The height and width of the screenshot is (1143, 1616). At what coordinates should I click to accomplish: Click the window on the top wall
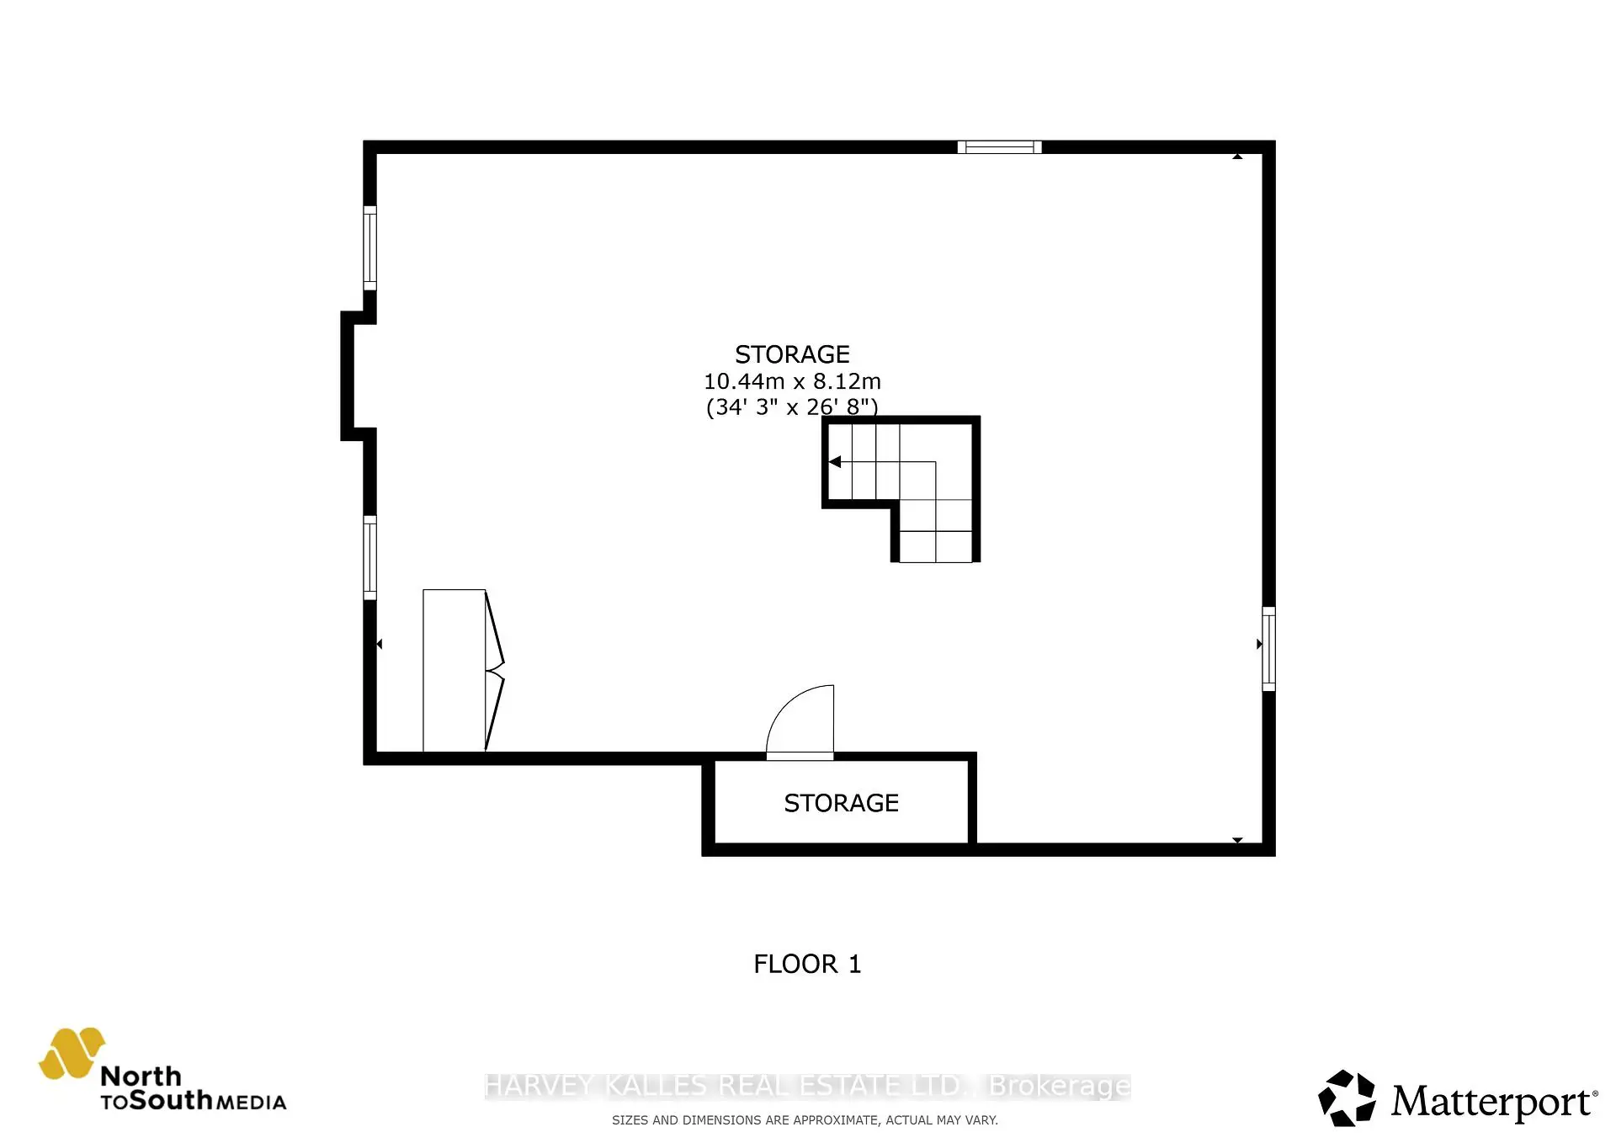pos(999,147)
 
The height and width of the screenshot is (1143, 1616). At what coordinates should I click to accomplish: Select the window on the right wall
pos(1268,648)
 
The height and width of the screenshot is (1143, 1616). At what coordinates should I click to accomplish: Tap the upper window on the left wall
pos(369,247)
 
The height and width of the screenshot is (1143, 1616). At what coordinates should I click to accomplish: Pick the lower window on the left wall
pos(369,557)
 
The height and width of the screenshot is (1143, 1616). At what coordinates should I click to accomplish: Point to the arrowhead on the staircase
pos(835,461)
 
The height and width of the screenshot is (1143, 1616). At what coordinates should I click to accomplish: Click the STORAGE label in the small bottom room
pos(841,803)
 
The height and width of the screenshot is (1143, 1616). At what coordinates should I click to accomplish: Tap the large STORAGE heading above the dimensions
pos(792,354)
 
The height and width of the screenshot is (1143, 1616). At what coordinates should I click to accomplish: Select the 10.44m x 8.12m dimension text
pos(792,381)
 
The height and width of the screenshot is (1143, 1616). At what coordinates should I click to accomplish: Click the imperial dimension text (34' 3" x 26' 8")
pos(792,407)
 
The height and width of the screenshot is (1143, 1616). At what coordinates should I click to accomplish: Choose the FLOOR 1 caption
pos(807,964)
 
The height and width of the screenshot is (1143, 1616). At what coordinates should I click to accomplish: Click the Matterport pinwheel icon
pos(1347,1098)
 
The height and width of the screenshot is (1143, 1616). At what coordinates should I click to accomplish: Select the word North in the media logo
pos(141,1076)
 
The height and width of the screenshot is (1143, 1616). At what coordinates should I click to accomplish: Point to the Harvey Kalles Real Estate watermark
pos(807,1086)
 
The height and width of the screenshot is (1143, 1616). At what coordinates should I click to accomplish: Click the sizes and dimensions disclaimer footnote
pos(805,1120)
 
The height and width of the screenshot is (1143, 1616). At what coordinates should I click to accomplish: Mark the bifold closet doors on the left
pos(494,671)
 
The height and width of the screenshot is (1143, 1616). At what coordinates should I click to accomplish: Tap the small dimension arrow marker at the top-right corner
pos(1237,157)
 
